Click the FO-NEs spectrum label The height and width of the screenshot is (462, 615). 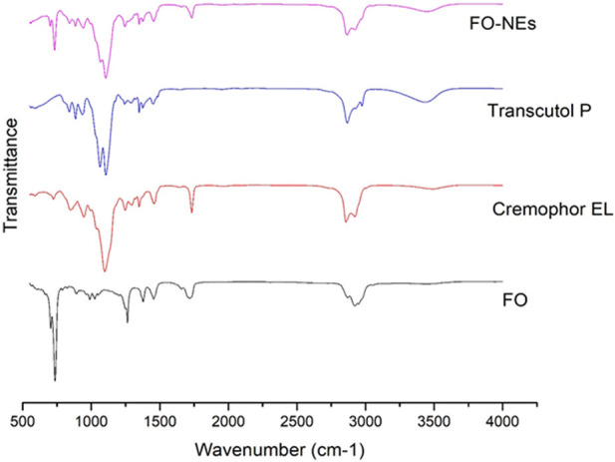pyautogui.click(x=502, y=24)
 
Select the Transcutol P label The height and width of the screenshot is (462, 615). pyautogui.click(x=539, y=111)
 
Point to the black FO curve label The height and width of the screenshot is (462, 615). pyautogui.click(x=515, y=300)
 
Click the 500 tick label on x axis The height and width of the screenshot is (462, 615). pyautogui.click(x=23, y=422)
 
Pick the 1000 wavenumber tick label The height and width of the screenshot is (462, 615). pyautogui.click(x=91, y=422)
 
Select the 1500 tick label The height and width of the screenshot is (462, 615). pyautogui.click(x=159, y=422)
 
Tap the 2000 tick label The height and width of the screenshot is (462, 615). pyautogui.click(x=228, y=422)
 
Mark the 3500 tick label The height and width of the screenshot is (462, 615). pyautogui.click(x=434, y=422)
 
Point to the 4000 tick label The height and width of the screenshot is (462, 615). pyautogui.click(x=502, y=422)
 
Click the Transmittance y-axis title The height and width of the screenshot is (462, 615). pyautogui.click(x=11, y=175)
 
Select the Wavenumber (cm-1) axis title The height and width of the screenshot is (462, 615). pyautogui.click(x=280, y=449)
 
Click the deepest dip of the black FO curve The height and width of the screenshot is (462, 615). pyautogui.click(x=55, y=379)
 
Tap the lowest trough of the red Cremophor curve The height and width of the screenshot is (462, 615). pyautogui.click(x=105, y=270)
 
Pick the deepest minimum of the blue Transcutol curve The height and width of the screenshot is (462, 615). pyautogui.click(x=106, y=174)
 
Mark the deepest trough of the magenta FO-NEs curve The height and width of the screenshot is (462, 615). pyautogui.click(x=105, y=77)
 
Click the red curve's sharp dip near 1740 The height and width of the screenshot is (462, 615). pyautogui.click(x=191, y=212)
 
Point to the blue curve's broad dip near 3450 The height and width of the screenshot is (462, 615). pyautogui.click(x=426, y=102)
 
